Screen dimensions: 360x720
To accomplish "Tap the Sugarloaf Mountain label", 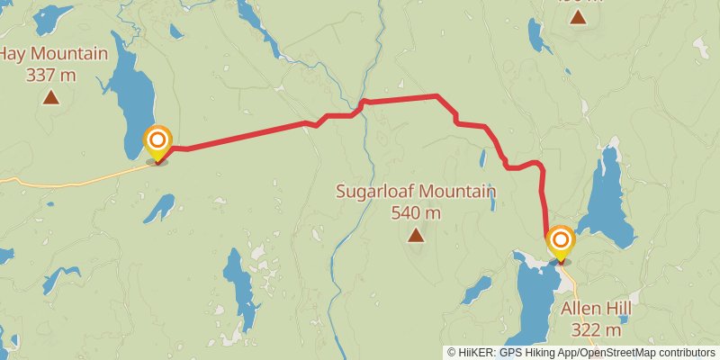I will click(415, 192).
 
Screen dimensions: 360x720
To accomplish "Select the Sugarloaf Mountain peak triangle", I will click(415, 236).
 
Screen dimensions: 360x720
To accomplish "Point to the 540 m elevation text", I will click(415, 213).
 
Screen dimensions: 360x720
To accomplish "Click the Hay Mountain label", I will click(51, 54).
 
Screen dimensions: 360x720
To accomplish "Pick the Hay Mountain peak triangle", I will click(50, 97).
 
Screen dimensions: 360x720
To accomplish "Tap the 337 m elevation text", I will click(50, 75).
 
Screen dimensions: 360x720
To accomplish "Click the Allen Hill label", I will click(596, 309).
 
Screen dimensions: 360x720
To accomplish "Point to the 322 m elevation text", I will click(596, 330).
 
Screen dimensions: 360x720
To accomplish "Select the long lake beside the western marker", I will click(129, 99).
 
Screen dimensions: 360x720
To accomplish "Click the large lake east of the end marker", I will click(607, 198).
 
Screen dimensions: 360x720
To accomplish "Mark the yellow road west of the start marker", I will click(72, 180).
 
